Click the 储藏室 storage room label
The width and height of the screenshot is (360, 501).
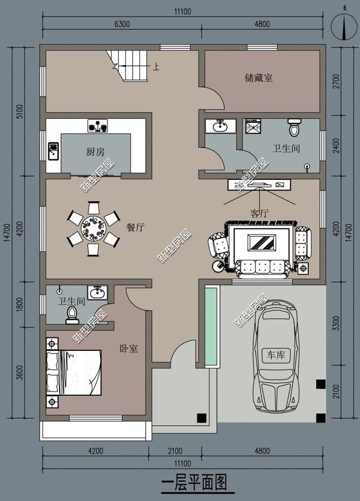(259, 78)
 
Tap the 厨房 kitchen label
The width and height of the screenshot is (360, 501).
(95, 152)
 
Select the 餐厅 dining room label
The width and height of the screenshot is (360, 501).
(136, 227)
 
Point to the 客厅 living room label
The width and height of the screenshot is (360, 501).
(259, 213)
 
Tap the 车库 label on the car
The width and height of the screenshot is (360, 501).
(276, 355)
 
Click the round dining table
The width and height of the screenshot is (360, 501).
(93, 228)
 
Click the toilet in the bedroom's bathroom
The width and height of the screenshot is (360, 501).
(72, 315)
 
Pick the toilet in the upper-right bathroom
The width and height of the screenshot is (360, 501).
(294, 128)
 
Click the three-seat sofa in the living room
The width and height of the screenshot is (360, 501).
(262, 268)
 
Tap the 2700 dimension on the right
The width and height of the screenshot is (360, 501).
(336, 82)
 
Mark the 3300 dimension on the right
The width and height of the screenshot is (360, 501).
(336, 323)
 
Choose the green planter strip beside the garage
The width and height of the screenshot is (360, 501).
(211, 326)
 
